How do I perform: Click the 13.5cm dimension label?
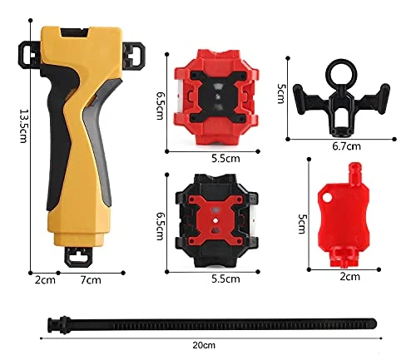point(23,126)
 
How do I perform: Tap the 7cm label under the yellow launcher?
point(91,280)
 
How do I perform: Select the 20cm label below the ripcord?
point(204,345)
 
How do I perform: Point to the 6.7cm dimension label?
point(347,146)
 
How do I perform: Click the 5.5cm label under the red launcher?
point(225,159)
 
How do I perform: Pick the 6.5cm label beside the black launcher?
point(161,226)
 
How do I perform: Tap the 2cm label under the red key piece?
point(350,277)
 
